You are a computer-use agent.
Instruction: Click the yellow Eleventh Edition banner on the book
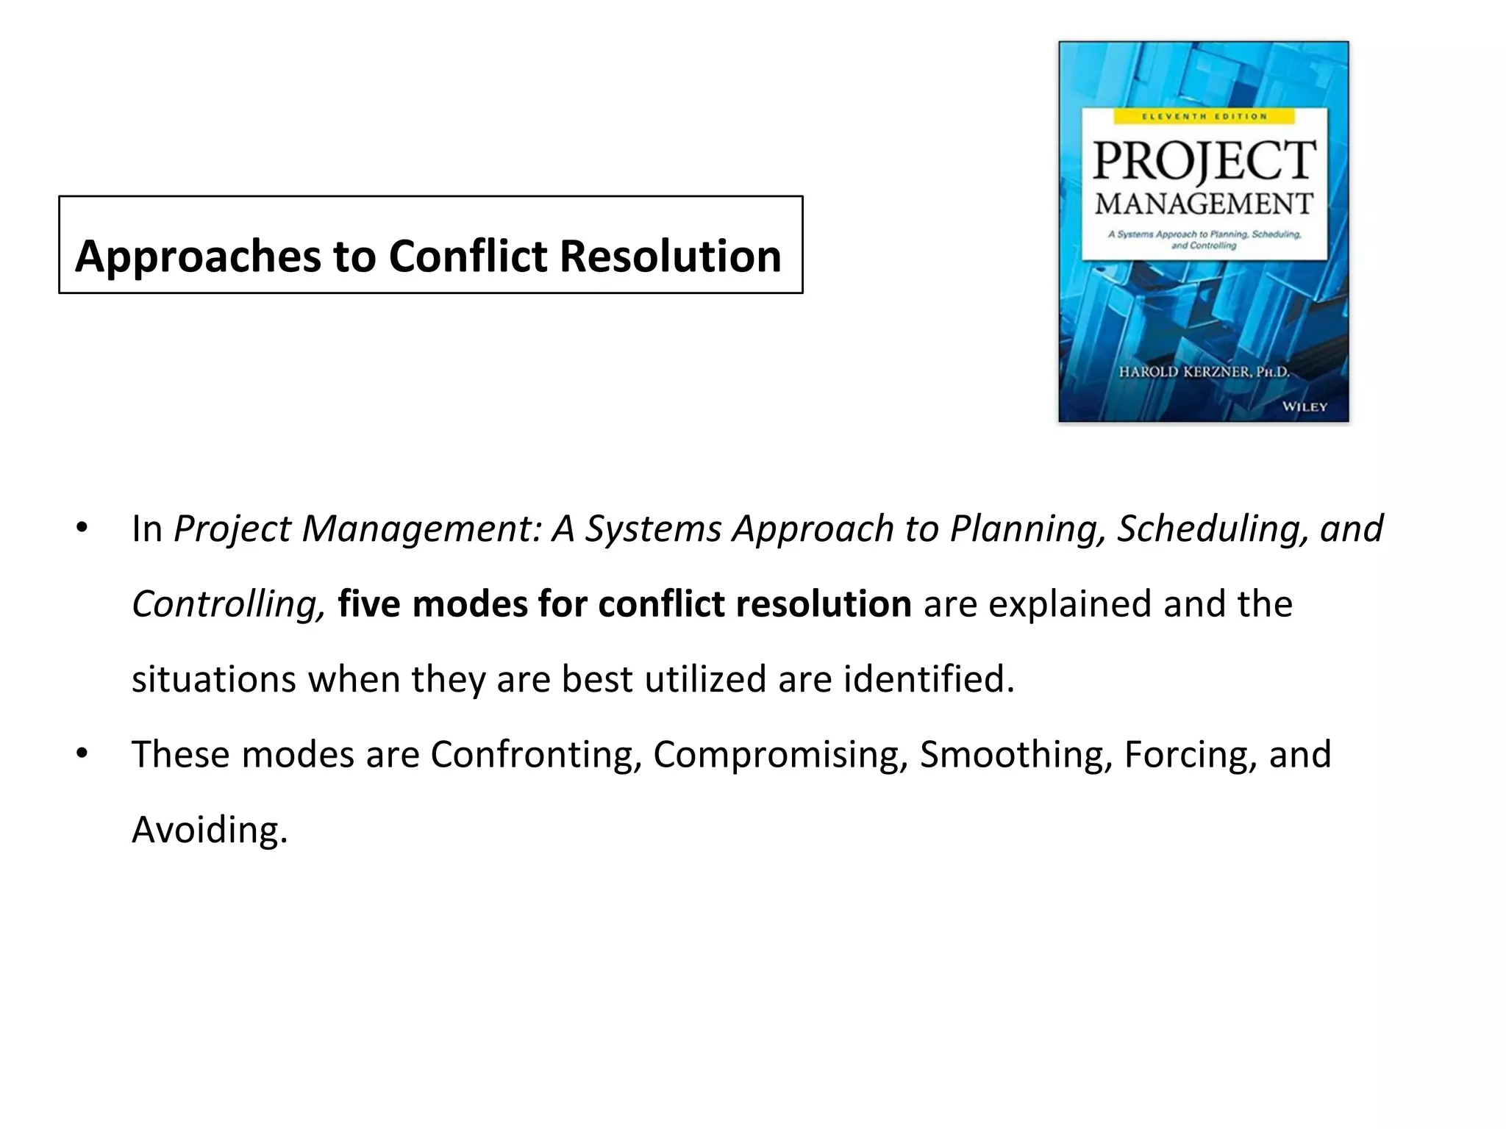click(x=1203, y=116)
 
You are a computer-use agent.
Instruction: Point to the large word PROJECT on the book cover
click(x=1203, y=160)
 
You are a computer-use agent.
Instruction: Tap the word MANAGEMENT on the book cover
click(x=1203, y=204)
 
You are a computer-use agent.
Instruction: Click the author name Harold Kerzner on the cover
click(x=1204, y=372)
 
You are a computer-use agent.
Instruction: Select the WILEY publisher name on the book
click(x=1304, y=406)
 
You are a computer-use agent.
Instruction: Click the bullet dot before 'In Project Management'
click(x=82, y=528)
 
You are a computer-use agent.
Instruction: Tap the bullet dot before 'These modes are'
click(x=82, y=753)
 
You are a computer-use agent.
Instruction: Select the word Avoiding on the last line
click(x=209, y=830)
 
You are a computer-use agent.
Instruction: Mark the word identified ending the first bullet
click(x=929, y=678)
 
